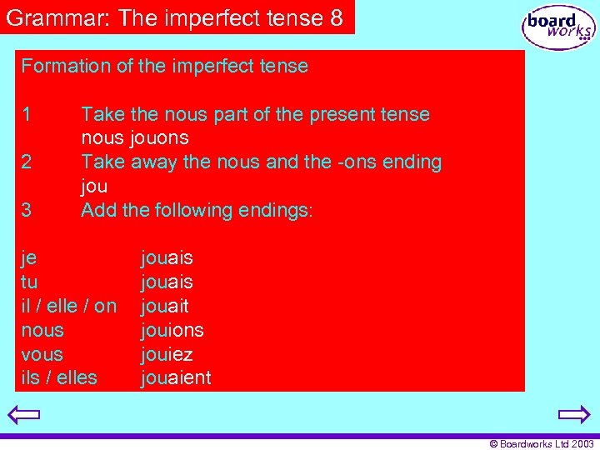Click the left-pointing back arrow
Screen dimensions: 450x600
[24, 414]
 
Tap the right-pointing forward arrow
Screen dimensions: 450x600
[574, 414]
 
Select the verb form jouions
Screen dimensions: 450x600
[172, 330]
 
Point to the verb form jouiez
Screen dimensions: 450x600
[167, 354]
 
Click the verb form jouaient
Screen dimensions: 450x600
[176, 378]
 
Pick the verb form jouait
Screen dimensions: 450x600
[165, 306]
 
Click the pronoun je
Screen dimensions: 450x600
[28, 258]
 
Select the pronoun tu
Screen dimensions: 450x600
[28, 282]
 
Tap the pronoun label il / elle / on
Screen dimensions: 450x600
[68, 306]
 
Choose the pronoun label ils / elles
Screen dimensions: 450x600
[58, 378]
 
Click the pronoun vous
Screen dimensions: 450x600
[42, 354]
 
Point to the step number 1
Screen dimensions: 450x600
[27, 114]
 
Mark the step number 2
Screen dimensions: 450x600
[27, 162]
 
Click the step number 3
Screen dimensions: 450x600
[27, 210]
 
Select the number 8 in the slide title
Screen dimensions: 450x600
[336, 18]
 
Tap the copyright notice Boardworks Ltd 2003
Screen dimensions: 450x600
[541, 444]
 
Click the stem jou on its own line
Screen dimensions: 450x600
[94, 186]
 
